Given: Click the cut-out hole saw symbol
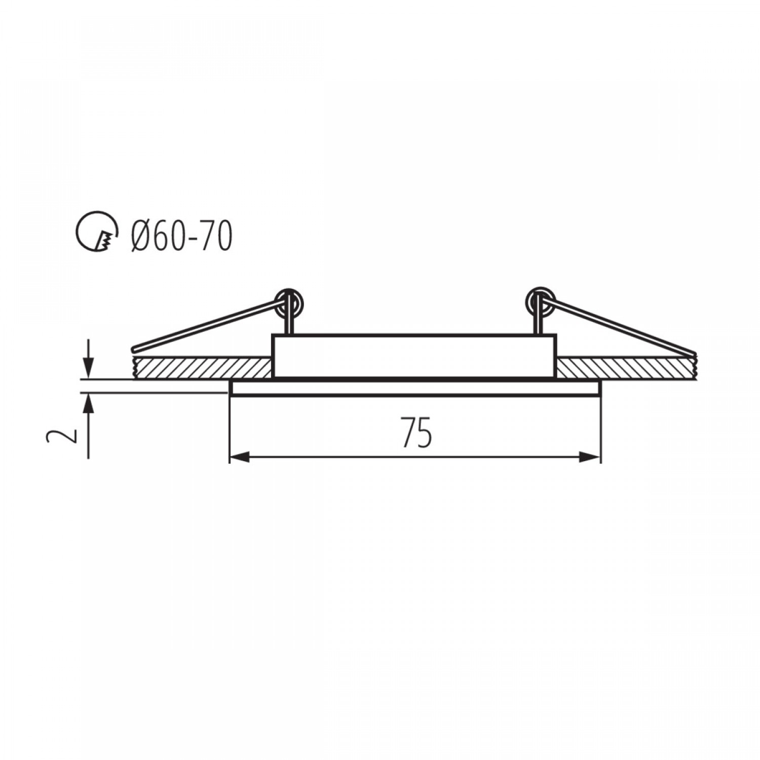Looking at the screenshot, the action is point(96,232).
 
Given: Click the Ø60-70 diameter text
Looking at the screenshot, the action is point(181,236).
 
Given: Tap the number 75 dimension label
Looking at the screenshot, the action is point(416,432).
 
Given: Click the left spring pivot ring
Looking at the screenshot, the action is point(289,302).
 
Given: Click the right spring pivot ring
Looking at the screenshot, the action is point(541,302).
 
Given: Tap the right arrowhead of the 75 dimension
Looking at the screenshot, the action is point(590,458).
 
